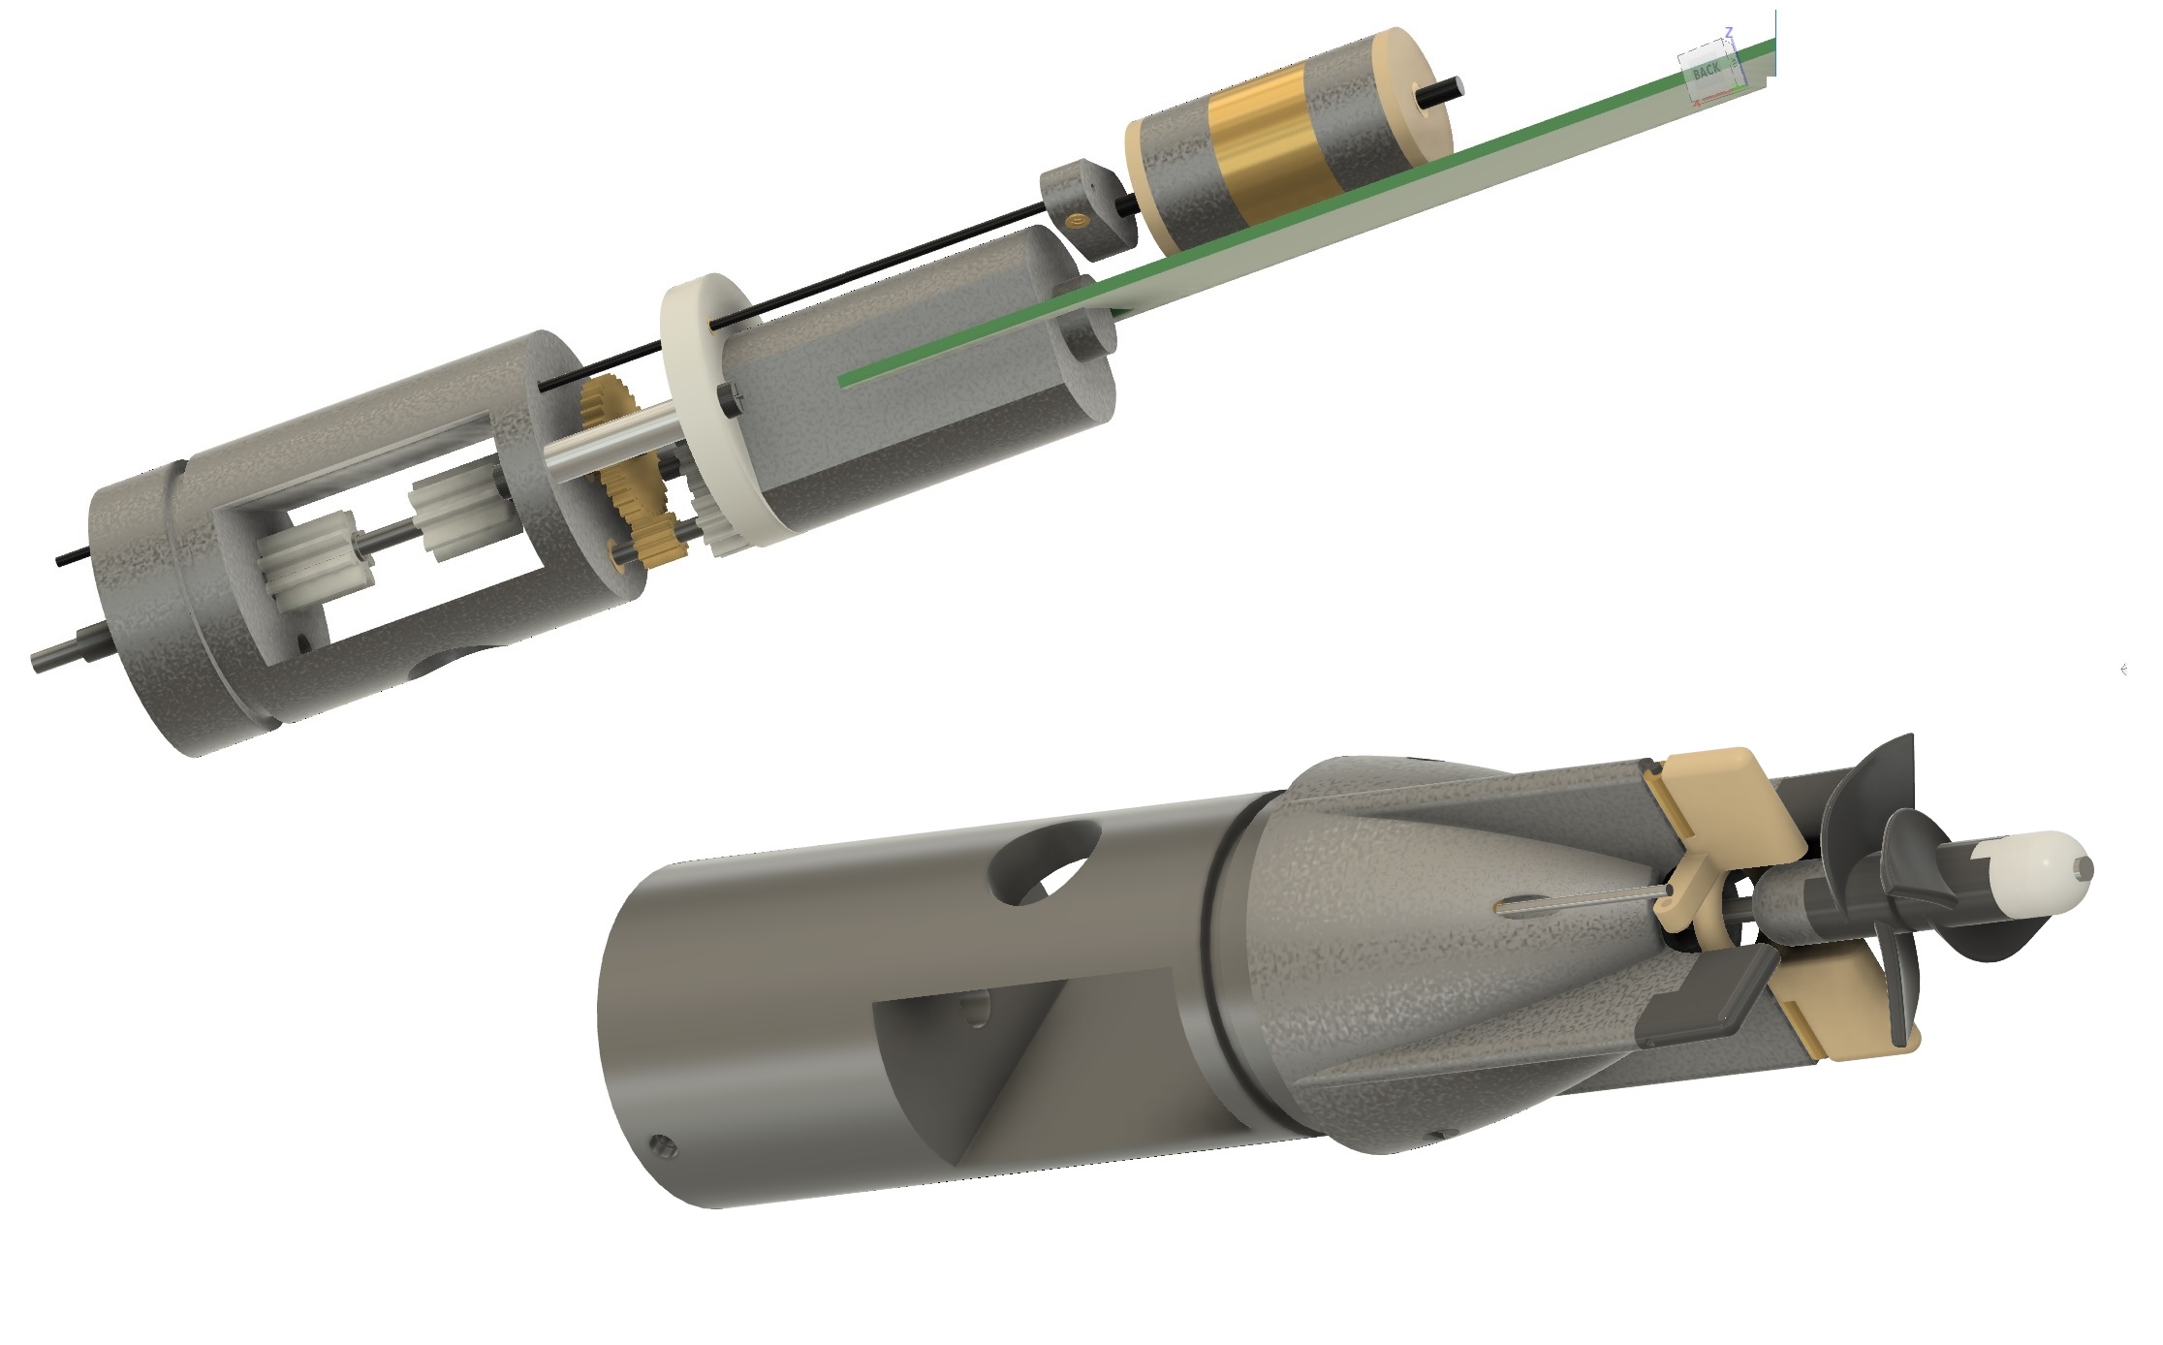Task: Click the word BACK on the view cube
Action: click(1707, 70)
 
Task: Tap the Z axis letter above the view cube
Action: click(1728, 32)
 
